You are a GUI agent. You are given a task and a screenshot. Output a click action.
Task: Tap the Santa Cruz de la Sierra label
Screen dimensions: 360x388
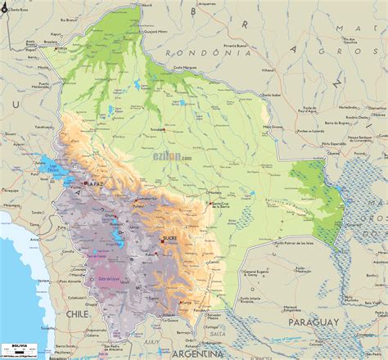point(227,206)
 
